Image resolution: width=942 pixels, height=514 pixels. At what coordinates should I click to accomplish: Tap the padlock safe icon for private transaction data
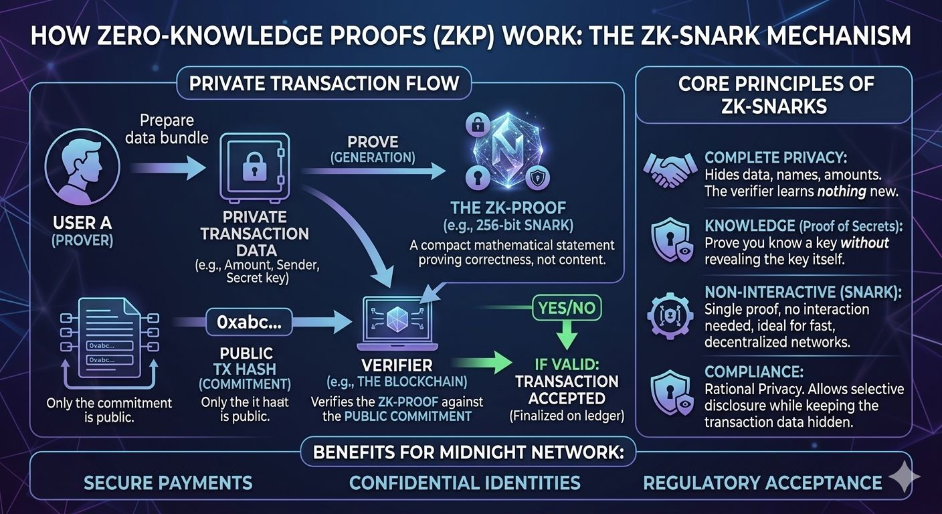[x=253, y=170]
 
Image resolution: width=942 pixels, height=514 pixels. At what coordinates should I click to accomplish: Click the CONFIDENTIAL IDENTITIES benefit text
[x=465, y=483]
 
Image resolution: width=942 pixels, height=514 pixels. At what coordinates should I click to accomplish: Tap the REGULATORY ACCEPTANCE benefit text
[x=762, y=483]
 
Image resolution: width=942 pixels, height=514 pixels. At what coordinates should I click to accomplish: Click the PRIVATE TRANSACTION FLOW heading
[x=324, y=84]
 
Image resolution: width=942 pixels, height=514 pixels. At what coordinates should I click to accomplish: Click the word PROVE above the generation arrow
[x=373, y=142]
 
